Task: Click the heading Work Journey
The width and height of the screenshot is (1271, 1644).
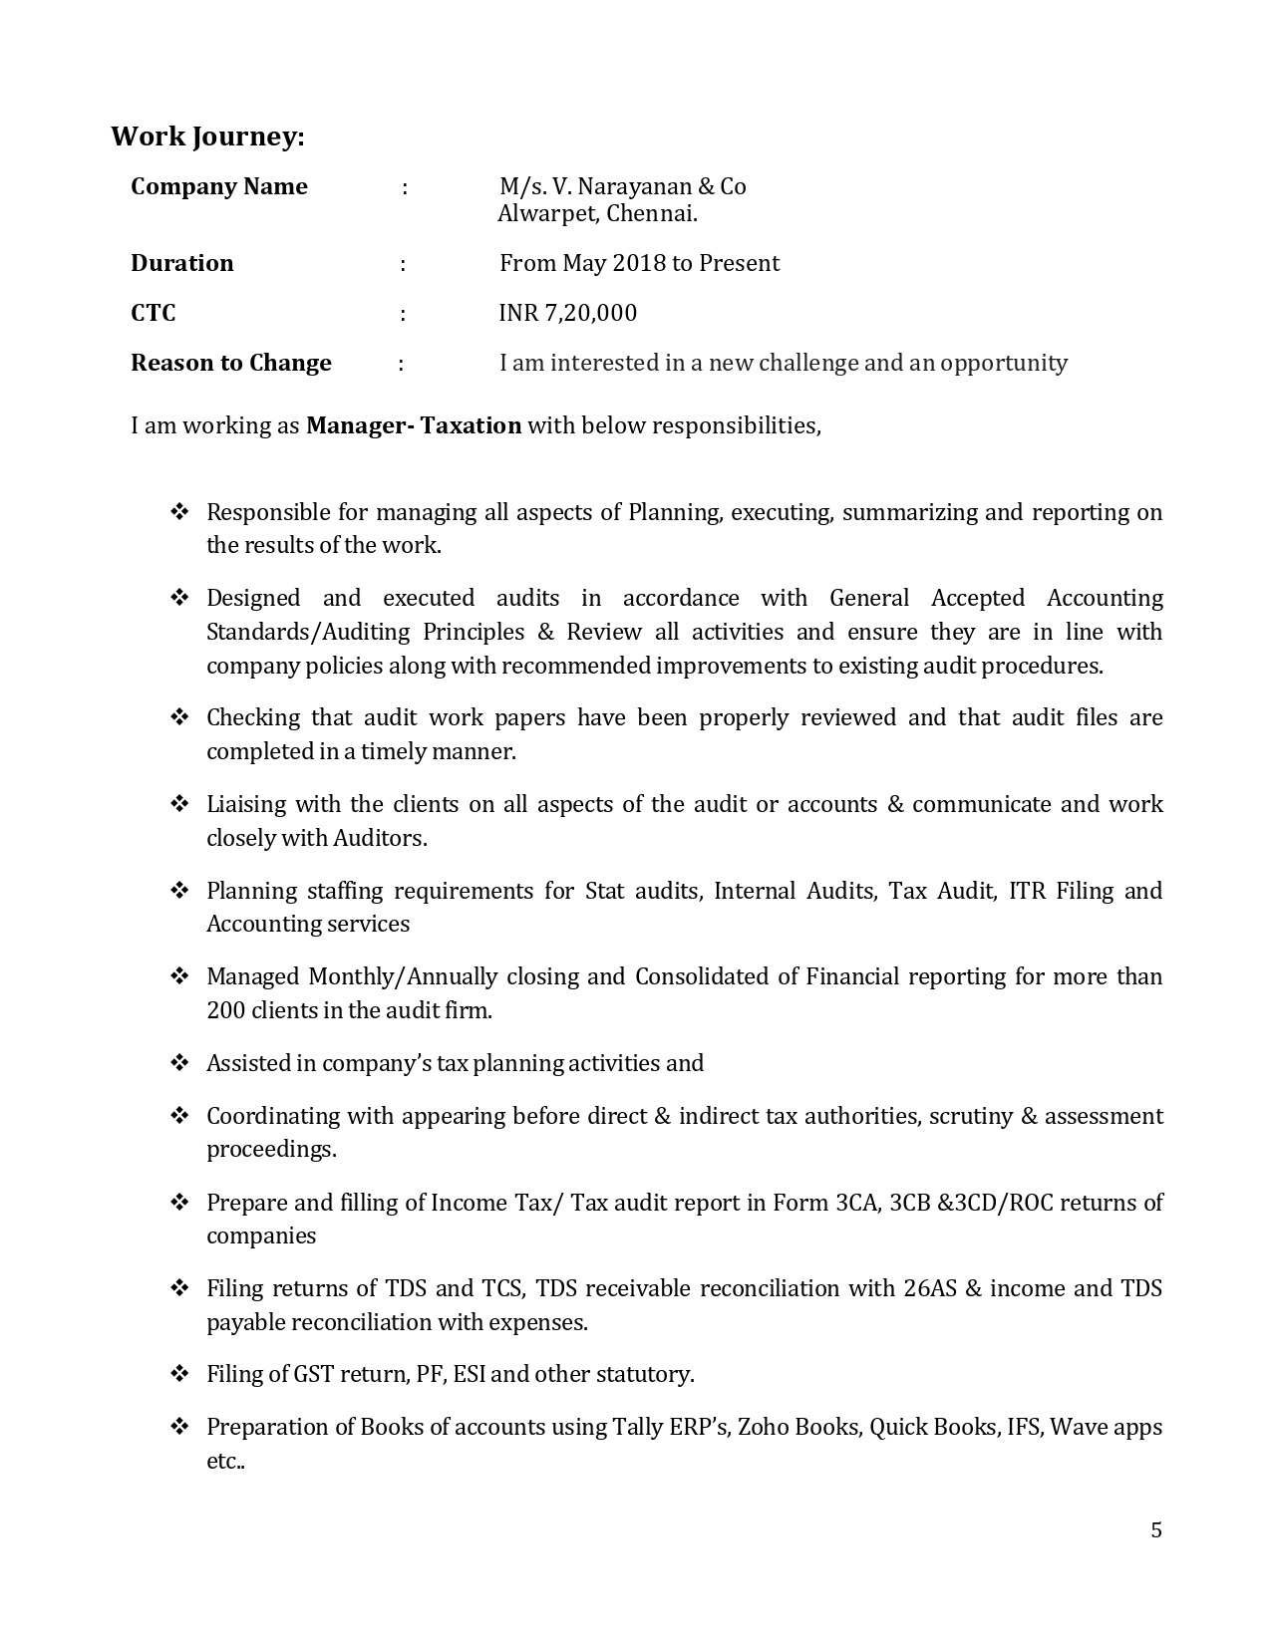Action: coord(207,137)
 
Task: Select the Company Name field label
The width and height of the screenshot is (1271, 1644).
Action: coord(219,187)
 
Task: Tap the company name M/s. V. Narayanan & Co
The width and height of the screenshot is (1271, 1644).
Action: coord(623,187)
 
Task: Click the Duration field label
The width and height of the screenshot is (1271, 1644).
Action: coord(182,263)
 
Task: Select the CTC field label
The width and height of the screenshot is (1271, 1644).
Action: coord(154,313)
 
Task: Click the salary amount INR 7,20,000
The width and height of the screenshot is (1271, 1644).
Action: coord(568,313)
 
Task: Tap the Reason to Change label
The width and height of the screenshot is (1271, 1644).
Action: coord(231,363)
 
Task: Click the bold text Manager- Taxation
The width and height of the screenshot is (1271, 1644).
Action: coord(414,425)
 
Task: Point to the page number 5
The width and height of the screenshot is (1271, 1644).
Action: coord(1156,1530)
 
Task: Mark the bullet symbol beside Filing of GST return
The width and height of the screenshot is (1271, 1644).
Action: coord(179,1374)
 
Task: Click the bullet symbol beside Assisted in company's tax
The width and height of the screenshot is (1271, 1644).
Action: coord(179,1063)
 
